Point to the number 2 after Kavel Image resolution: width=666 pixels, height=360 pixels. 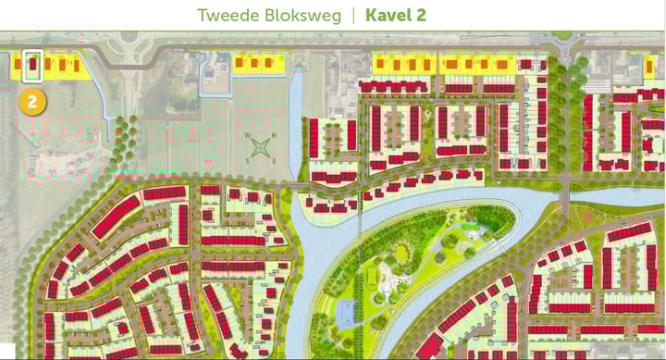pyautogui.click(x=421, y=16)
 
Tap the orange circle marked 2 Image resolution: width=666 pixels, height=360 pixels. pyautogui.click(x=32, y=101)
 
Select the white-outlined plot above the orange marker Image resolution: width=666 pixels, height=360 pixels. pyautogui.click(x=32, y=67)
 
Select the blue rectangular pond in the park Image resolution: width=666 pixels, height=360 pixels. pyautogui.click(x=348, y=313)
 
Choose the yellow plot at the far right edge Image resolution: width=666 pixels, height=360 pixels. pyautogui.click(x=653, y=65)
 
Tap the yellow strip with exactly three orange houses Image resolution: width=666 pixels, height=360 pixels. pyautogui.click(x=258, y=63)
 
